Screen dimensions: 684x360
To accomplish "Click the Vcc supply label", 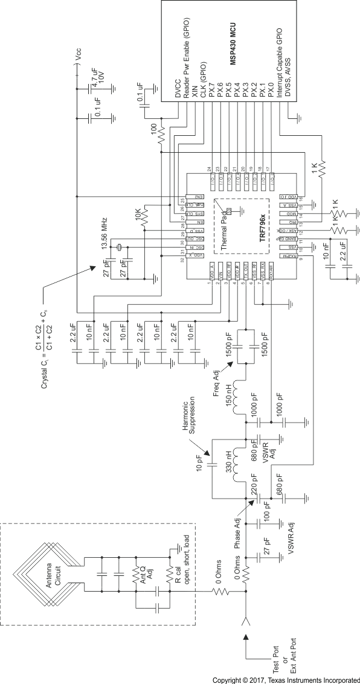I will (x=77, y=56).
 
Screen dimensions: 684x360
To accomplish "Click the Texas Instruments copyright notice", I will (x=286, y=679).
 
